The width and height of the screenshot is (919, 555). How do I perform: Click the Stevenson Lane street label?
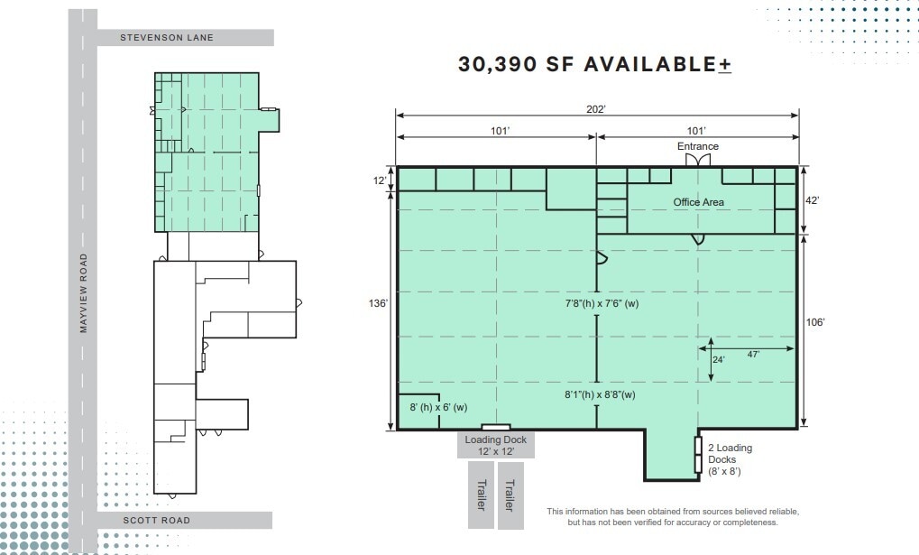click(x=167, y=38)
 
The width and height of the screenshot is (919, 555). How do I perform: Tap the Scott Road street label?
click(x=157, y=521)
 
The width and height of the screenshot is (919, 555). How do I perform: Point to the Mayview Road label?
click(x=83, y=293)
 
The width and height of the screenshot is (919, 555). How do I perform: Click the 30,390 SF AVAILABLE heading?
click(x=594, y=65)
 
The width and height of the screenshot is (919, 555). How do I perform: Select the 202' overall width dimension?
click(x=596, y=108)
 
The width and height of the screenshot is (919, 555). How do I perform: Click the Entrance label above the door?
click(x=698, y=146)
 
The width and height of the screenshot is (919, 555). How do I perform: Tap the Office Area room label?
click(x=698, y=202)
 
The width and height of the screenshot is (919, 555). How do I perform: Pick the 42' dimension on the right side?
click(x=812, y=201)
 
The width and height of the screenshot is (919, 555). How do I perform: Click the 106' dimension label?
click(x=814, y=322)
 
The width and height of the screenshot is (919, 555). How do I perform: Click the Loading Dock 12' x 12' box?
click(x=496, y=445)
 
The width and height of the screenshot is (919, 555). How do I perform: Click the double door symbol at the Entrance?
click(x=697, y=160)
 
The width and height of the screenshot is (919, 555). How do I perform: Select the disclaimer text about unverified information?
click(x=673, y=517)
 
